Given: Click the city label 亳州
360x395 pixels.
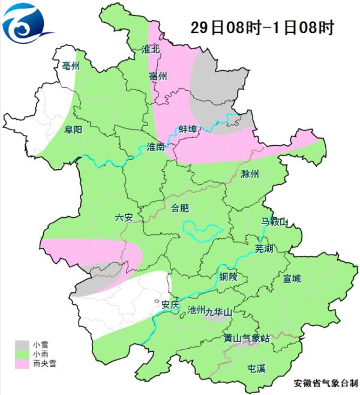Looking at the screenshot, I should (x=71, y=66).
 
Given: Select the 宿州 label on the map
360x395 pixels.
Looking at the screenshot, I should (x=158, y=76).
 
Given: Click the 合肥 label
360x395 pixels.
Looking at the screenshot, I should (x=180, y=209).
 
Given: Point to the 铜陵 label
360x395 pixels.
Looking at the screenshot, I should (x=229, y=277).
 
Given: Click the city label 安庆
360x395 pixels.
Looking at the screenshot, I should (x=170, y=304).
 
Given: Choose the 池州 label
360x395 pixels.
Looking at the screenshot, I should (x=196, y=310).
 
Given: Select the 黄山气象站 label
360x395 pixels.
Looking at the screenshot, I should (x=247, y=339).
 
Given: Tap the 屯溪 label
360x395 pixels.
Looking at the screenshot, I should (x=257, y=368).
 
